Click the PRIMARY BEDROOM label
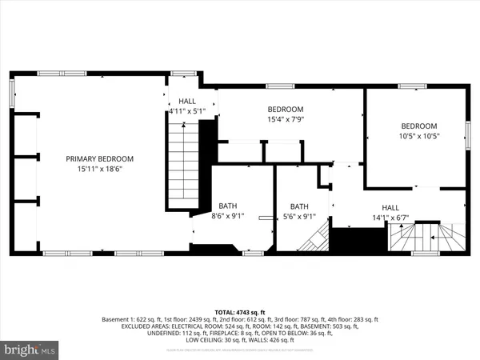pyautogui.click(x=99, y=158)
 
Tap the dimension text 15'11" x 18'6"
pyautogui.click(x=99, y=169)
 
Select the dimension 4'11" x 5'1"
pyautogui.click(x=187, y=112)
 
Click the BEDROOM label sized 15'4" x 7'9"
pyautogui.click(x=286, y=109)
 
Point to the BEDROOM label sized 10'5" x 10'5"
pyautogui.click(x=419, y=126)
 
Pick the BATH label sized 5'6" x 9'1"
pyautogui.click(x=299, y=205)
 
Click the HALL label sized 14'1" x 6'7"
pyautogui.click(x=390, y=205)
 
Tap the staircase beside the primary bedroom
pyautogui.click(x=182, y=168)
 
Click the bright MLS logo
pyautogui.click(x=30, y=349)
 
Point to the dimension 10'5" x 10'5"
pyautogui.click(x=419, y=136)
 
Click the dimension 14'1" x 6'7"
pyautogui.click(x=390, y=215)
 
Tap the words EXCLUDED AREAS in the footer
pyautogui.click(x=129, y=326)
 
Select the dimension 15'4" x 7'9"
pyautogui.click(x=286, y=119)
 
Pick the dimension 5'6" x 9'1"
pyautogui.click(x=299, y=215)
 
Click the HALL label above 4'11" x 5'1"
pyautogui.click(x=187, y=102)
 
